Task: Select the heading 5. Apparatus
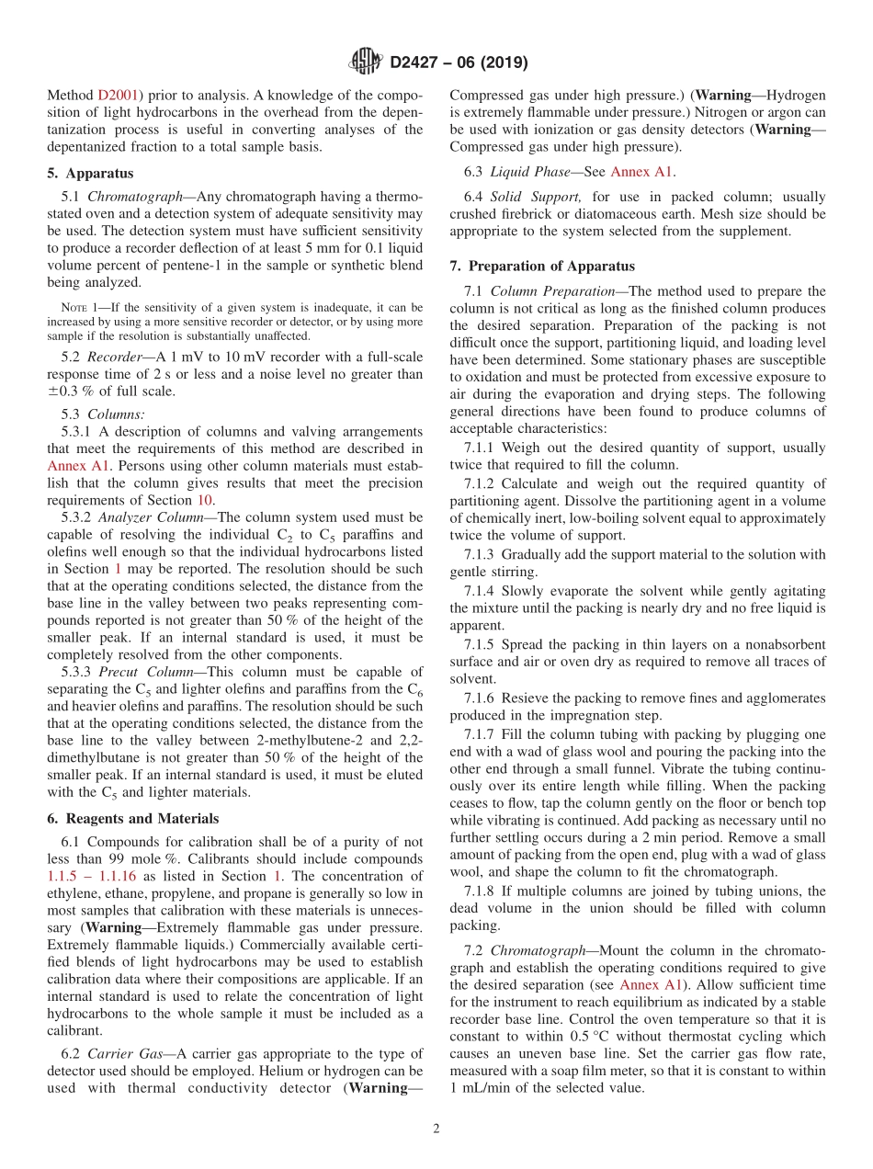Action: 90,173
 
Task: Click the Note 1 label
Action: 77,306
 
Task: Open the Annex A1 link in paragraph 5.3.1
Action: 77,466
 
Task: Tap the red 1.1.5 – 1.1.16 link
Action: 91,877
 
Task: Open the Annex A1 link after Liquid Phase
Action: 642,171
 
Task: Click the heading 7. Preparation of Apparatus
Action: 541,267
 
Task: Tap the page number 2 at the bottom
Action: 436,1129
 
